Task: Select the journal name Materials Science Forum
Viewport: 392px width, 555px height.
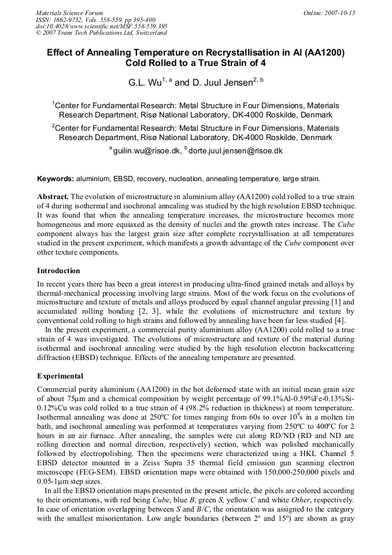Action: (x=69, y=13)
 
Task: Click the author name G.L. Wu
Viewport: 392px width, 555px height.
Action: (x=145, y=83)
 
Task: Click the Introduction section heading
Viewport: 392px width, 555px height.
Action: (x=58, y=270)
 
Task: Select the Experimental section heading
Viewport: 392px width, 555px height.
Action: (x=60, y=376)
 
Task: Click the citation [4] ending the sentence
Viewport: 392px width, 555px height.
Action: (x=341, y=320)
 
